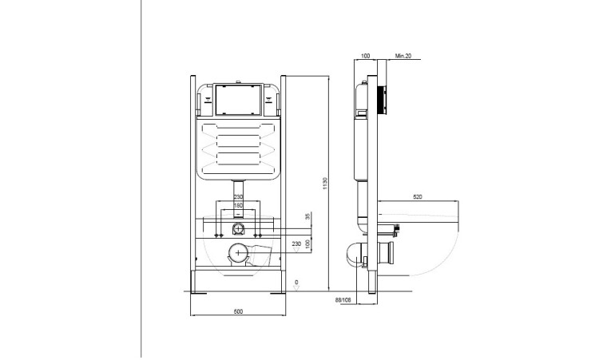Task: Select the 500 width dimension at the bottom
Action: pyautogui.click(x=238, y=311)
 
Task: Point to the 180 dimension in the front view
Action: pyautogui.click(x=237, y=204)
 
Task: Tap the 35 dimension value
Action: pyautogui.click(x=307, y=216)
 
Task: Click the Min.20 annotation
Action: pyautogui.click(x=403, y=57)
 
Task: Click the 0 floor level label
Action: pyautogui.click(x=296, y=281)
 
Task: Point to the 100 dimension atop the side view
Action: pyautogui.click(x=367, y=57)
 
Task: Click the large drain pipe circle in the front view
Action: pyautogui.click(x=237, y=255)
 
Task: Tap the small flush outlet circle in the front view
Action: pyautogui.click(x=237, y=227)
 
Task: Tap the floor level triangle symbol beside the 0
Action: pyautogui.click(x=296, y=289)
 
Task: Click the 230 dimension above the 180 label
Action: pyautogui.click(x=237, y=196)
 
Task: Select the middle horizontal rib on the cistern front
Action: pyautogui.click(x=237, y=146)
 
